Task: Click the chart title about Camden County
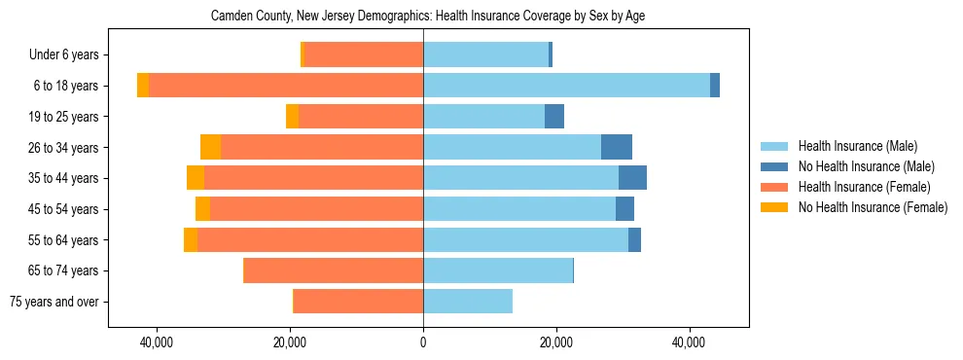pyautogui.click(x=427, y=17)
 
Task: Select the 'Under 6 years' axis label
pyautogui.click(x=70, y=55)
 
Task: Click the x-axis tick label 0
pyautogui.click(x=423, y=342)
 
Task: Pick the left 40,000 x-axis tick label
pyautogui.click(x=157, y=342)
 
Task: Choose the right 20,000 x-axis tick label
pyautogui.click(x=556, y=342)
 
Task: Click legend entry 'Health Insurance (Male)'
pyautogui.click(x=857, y=146)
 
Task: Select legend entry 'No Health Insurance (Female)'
pyautogui.click(x=873, y=207)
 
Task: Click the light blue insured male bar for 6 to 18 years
pyautogui.click(x=566, y=86)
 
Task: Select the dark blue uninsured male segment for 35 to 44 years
pyautogui.click(x=632, y=178)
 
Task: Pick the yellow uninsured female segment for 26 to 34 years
pyautogui.click(x=210, y=147)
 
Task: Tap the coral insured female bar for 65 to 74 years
pyautogui.click(x=334, y=270)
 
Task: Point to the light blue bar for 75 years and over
pyautogui.click(x=468, y=302)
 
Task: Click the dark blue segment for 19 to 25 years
pyautogui.click(x=554, y=117)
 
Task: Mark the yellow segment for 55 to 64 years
pyautogui.click(x=191, y=239)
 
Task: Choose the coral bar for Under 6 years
pyautogui.click(x=364, y=54)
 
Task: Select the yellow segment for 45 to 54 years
pyautogui.click(x=202, y=209)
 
